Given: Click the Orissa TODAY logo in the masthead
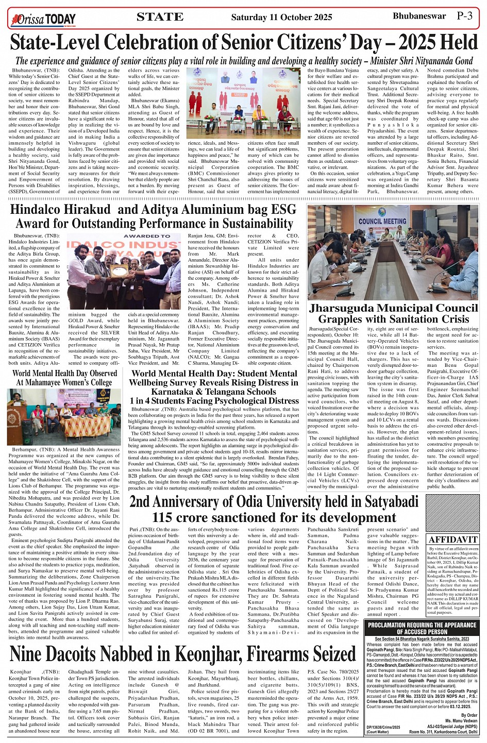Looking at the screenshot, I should pos(44,20).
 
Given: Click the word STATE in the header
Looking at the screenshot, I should pos(160,17).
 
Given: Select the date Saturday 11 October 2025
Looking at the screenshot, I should pos(281,18).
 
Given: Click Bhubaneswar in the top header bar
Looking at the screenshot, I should pos(419,16).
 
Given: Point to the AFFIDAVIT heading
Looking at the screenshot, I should pos(453,539).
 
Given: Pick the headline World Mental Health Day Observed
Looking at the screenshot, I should pos(65,373).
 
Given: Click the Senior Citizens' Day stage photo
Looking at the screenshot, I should pos(243,103).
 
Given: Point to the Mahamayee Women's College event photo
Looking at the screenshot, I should pos(65,417).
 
